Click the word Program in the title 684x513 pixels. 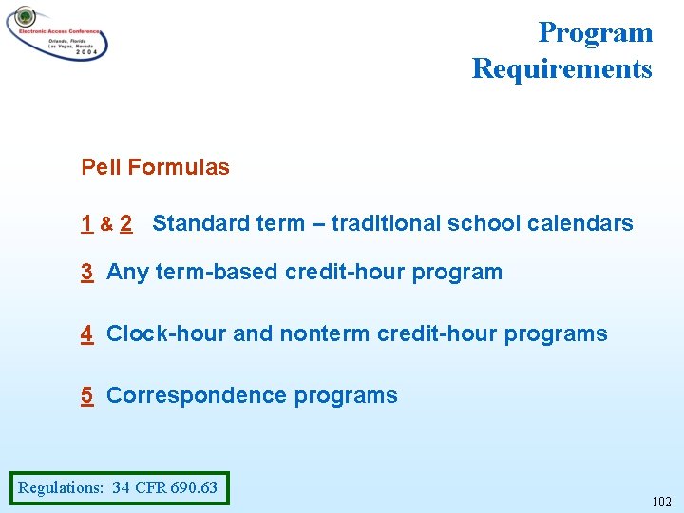pyautogui.click(x=595, y=32)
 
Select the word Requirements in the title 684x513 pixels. pyautogui.click(x=561, y=68)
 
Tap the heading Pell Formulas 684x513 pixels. pyautogui.click(x=155, y=168)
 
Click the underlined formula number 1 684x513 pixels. pyautogui.click(x=86, y=224)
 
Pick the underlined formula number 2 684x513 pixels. pyautogui.click(x=126, y=224)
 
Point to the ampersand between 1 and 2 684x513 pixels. pyautogui.click(x=106, y=225)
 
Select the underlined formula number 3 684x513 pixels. pyautogui.click(x=86, y=273)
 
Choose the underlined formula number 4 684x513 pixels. pyautogui.click(x=86, y=334)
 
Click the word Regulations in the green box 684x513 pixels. pyautogui.click(x=60, y=488)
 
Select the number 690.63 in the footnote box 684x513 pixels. pyautogui.click(x=194, y=488)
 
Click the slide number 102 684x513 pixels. pyautogui.click(x=661, y=502)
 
